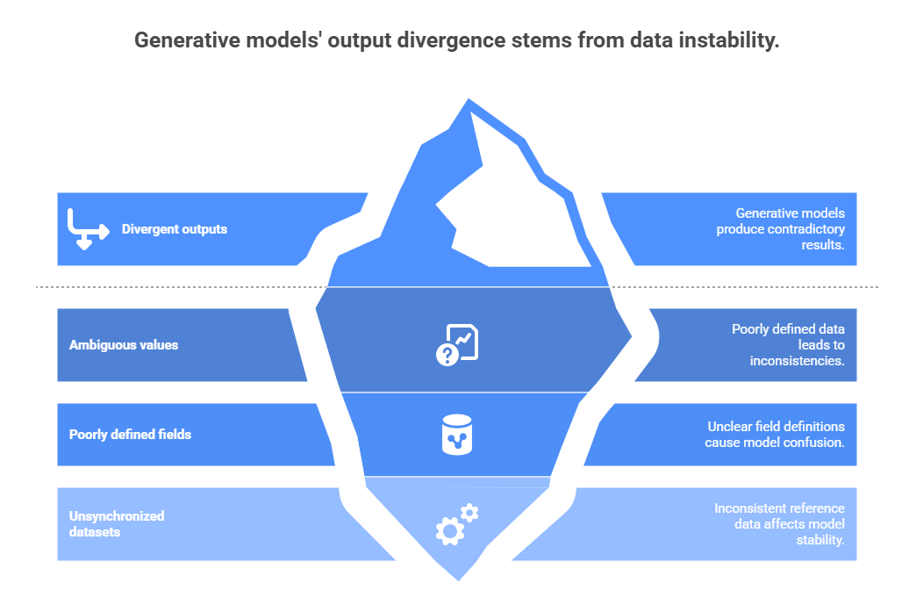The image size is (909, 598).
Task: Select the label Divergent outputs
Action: click(174, 229)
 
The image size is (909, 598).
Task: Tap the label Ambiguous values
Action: click(124, 345)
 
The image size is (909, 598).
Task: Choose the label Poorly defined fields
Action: click(130, 435)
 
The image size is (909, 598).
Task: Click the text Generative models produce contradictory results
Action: click(781, 229)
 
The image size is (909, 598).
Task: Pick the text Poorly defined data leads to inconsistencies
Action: click(788, 345)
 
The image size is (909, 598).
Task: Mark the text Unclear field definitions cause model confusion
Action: click(776, 435)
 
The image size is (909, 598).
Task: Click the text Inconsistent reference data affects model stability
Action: click(779, 524)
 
